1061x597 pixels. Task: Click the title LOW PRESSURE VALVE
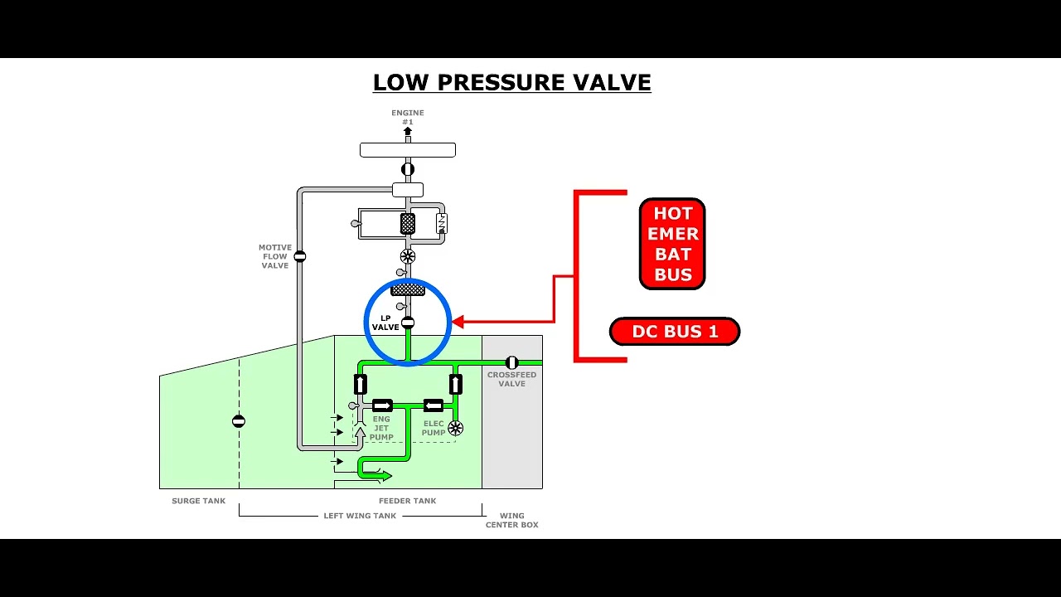coord(512,82)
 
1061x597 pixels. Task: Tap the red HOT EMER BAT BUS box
coord(672,244)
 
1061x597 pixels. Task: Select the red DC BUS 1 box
coord(675,331)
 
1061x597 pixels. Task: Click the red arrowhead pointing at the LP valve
coord(458,323)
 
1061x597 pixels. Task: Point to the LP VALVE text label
coord(385,323)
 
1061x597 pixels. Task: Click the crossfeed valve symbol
coord(511,363)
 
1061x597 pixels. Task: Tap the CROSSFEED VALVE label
coord(512,379)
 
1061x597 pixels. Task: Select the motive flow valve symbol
coord(300,256)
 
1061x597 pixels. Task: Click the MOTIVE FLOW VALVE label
coord(274,256)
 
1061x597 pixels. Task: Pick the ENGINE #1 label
coord(407,117)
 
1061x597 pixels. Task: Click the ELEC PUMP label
coord(434,428)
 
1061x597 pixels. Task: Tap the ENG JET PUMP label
coord(381,428)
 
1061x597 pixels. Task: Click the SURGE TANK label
coord(198,501)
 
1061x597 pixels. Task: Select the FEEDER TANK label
coord(407,501)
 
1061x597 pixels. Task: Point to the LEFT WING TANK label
coord(360,516)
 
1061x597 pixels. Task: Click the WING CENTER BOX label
coord(512,520)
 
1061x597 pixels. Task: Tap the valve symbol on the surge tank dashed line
coord(238,420)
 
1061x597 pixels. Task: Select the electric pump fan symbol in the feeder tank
coord(455,429)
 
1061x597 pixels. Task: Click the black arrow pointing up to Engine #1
coord(407,131)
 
